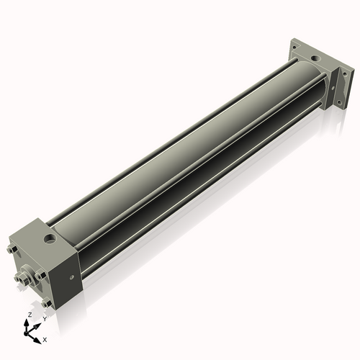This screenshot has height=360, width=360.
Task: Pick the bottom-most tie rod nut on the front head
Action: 45,303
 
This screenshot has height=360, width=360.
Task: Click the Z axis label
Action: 28,315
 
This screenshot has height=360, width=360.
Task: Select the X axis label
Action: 45,338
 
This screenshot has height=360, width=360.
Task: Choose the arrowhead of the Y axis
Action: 37,324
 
